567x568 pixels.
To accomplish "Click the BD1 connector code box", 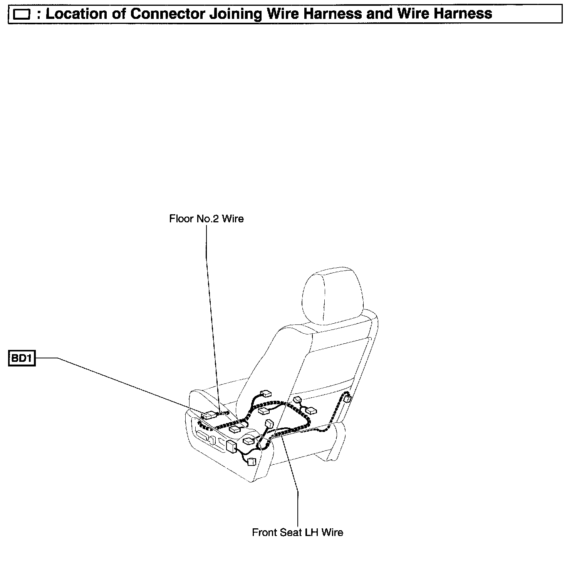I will pos(22,358).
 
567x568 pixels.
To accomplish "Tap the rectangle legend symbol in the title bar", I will pos(22,15).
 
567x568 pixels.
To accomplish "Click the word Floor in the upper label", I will pos(181,219).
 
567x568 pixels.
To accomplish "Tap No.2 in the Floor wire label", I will pos(208,219).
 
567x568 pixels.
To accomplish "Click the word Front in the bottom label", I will pos(264,533).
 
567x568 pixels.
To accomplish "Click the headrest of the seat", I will pos(332,295).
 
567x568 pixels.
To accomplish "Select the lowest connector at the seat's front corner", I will pos(252,461).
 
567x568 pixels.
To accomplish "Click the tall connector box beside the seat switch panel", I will pos(231,446).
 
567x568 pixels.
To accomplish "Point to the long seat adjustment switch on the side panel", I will pos(203,436).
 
